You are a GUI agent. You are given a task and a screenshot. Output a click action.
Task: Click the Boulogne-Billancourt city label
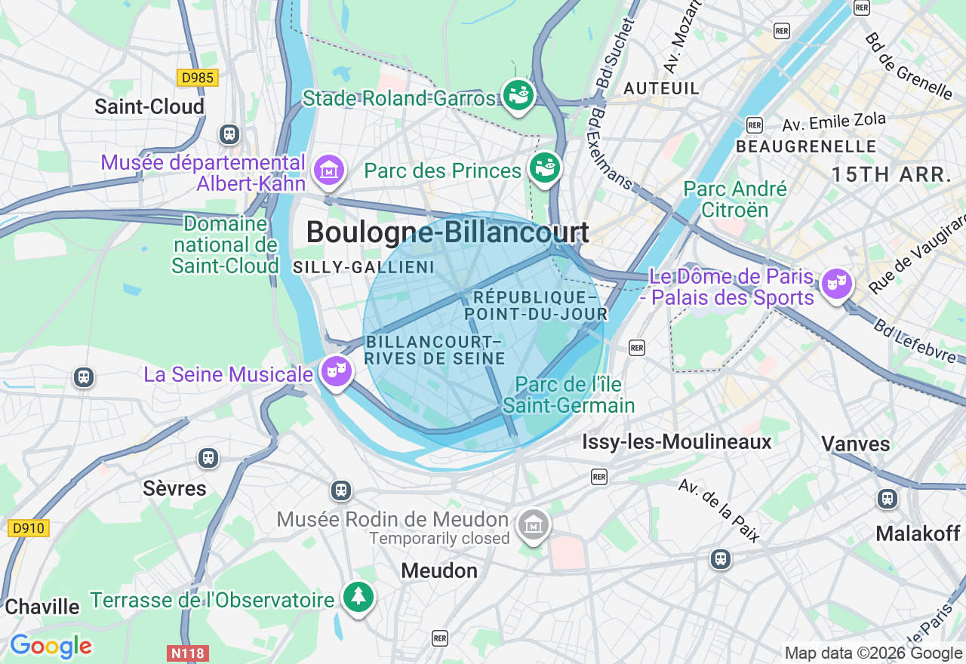click(x=448, y=232)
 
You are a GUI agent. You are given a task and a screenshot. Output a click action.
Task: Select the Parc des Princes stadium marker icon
click(x=544, y=168)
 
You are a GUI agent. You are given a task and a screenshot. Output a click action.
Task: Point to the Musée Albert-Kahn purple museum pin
click(x=329, y=171)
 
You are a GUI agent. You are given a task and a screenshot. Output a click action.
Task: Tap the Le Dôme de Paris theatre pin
click(x=836, y=284)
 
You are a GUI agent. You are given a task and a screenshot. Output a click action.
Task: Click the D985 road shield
click(x=198, y=78)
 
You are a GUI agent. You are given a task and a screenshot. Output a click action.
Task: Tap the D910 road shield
click(x=29, y=528)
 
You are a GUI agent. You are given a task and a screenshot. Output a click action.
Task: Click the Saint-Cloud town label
click(x=149, y=106)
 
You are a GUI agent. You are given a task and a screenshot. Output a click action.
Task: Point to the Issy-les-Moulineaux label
click(x=677, y=442)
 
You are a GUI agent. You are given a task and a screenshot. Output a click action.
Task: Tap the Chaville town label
click(x=42, y=607)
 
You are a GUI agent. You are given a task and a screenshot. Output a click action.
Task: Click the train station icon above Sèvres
click(x=208, y=457)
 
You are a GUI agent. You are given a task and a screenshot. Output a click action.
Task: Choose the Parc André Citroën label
click(x=734, y=199)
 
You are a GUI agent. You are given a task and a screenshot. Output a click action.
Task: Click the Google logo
click(x=51, y=647)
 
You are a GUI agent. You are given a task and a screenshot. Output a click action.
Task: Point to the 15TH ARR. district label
click(x=891, y=175)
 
